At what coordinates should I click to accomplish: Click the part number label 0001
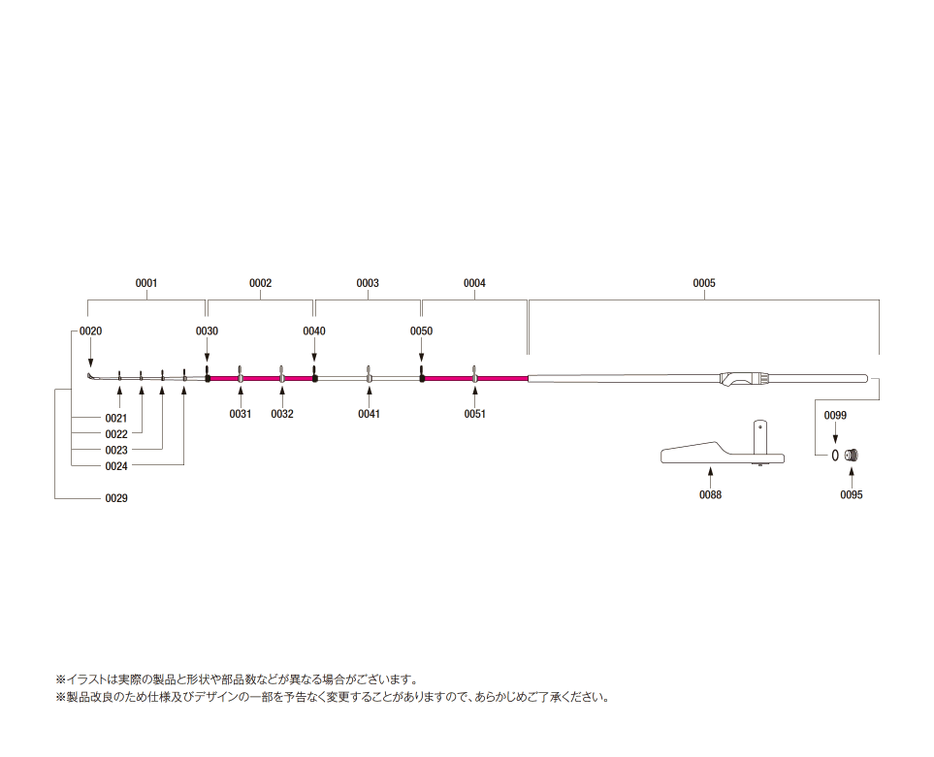(146, 283)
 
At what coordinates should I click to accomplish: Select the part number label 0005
(704, 283)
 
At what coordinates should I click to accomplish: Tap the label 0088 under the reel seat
(710, 495)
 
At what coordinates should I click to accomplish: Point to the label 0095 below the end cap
(852, 495)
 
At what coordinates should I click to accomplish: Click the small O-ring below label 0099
(834, 454)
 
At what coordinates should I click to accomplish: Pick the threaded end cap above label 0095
(853, 454)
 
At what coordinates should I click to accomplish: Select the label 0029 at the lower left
(116, 498)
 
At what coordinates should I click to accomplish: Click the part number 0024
(116, 466)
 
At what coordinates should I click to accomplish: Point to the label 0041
(369, 414)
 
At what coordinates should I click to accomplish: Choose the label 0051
(474, 414)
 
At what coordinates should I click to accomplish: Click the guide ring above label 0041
(369, 374)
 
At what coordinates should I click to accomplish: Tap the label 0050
(421, 331)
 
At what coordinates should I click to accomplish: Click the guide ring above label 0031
(240, 374)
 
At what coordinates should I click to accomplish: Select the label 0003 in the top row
(368, 283)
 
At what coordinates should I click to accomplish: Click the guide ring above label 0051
(474, 374)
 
